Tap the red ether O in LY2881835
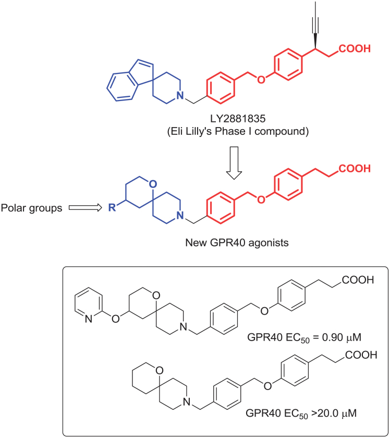pos(261,80)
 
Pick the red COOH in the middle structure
pos(355,169)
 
